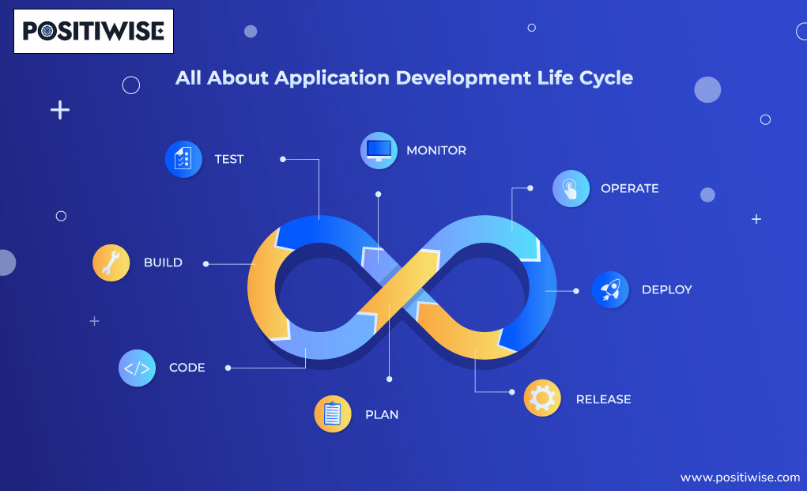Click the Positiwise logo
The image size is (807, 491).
pyautogui.click(x=93, y=31)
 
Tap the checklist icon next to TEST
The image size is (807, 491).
pyautogui.click(x=183, y=159)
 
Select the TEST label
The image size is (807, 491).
pyautogui.click(x=229, y=159)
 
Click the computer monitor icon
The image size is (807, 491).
pyautogui.click(x=379, y=150)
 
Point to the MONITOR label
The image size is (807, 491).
pyautogui.click(x=436, y=150)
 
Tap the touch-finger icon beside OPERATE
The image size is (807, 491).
pyautogui.click(x=571, y=189)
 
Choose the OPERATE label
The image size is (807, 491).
pyautogui.click(x=629, y=189)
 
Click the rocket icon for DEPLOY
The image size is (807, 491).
pyautogui.click(x=610, y=290)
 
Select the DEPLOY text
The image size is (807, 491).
pyautogui.click(x=666, y=290)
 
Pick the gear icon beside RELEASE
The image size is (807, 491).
pyautogui.click(x=542, y=398)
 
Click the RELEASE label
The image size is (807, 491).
pyautogui.click(x=603, y=399)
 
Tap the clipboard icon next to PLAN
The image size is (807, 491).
pyautogui.click(x=333, y=414)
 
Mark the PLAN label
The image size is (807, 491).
pyautogui.click(x=382, y=414)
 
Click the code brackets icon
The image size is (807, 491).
pyautogui.click(x=137, y=368)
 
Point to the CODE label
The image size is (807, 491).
pyautogui.click(x=187, y=368)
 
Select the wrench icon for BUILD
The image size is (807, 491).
pyautogui.click(x=111, y=262)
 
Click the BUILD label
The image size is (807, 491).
pyautogui.click(x=163, y=262)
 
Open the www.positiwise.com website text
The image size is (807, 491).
pyautogui.click(x=740, y=478)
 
